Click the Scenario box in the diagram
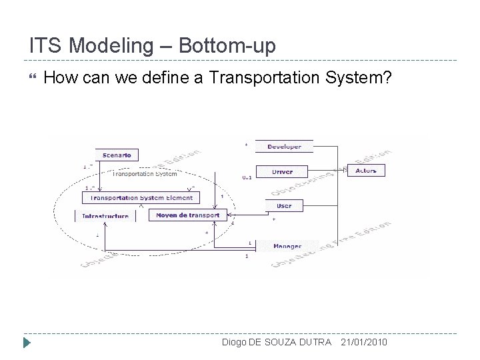[x=117, y=155]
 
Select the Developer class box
[x=284, y=147]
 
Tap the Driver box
[x=282, y=171]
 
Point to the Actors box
[x=366, y=171]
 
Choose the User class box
[x=283, y=205]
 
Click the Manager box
[x=287, y=246]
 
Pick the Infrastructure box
[x=105, y=216]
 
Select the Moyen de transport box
[x=188, y=215]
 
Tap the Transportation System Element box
[x=141, y=197]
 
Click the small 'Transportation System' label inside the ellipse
[x=144, y=174]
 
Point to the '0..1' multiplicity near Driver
[x=246, y=178]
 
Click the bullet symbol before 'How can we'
[x=27, y=79]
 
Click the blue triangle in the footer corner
[x=27, y=344]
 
